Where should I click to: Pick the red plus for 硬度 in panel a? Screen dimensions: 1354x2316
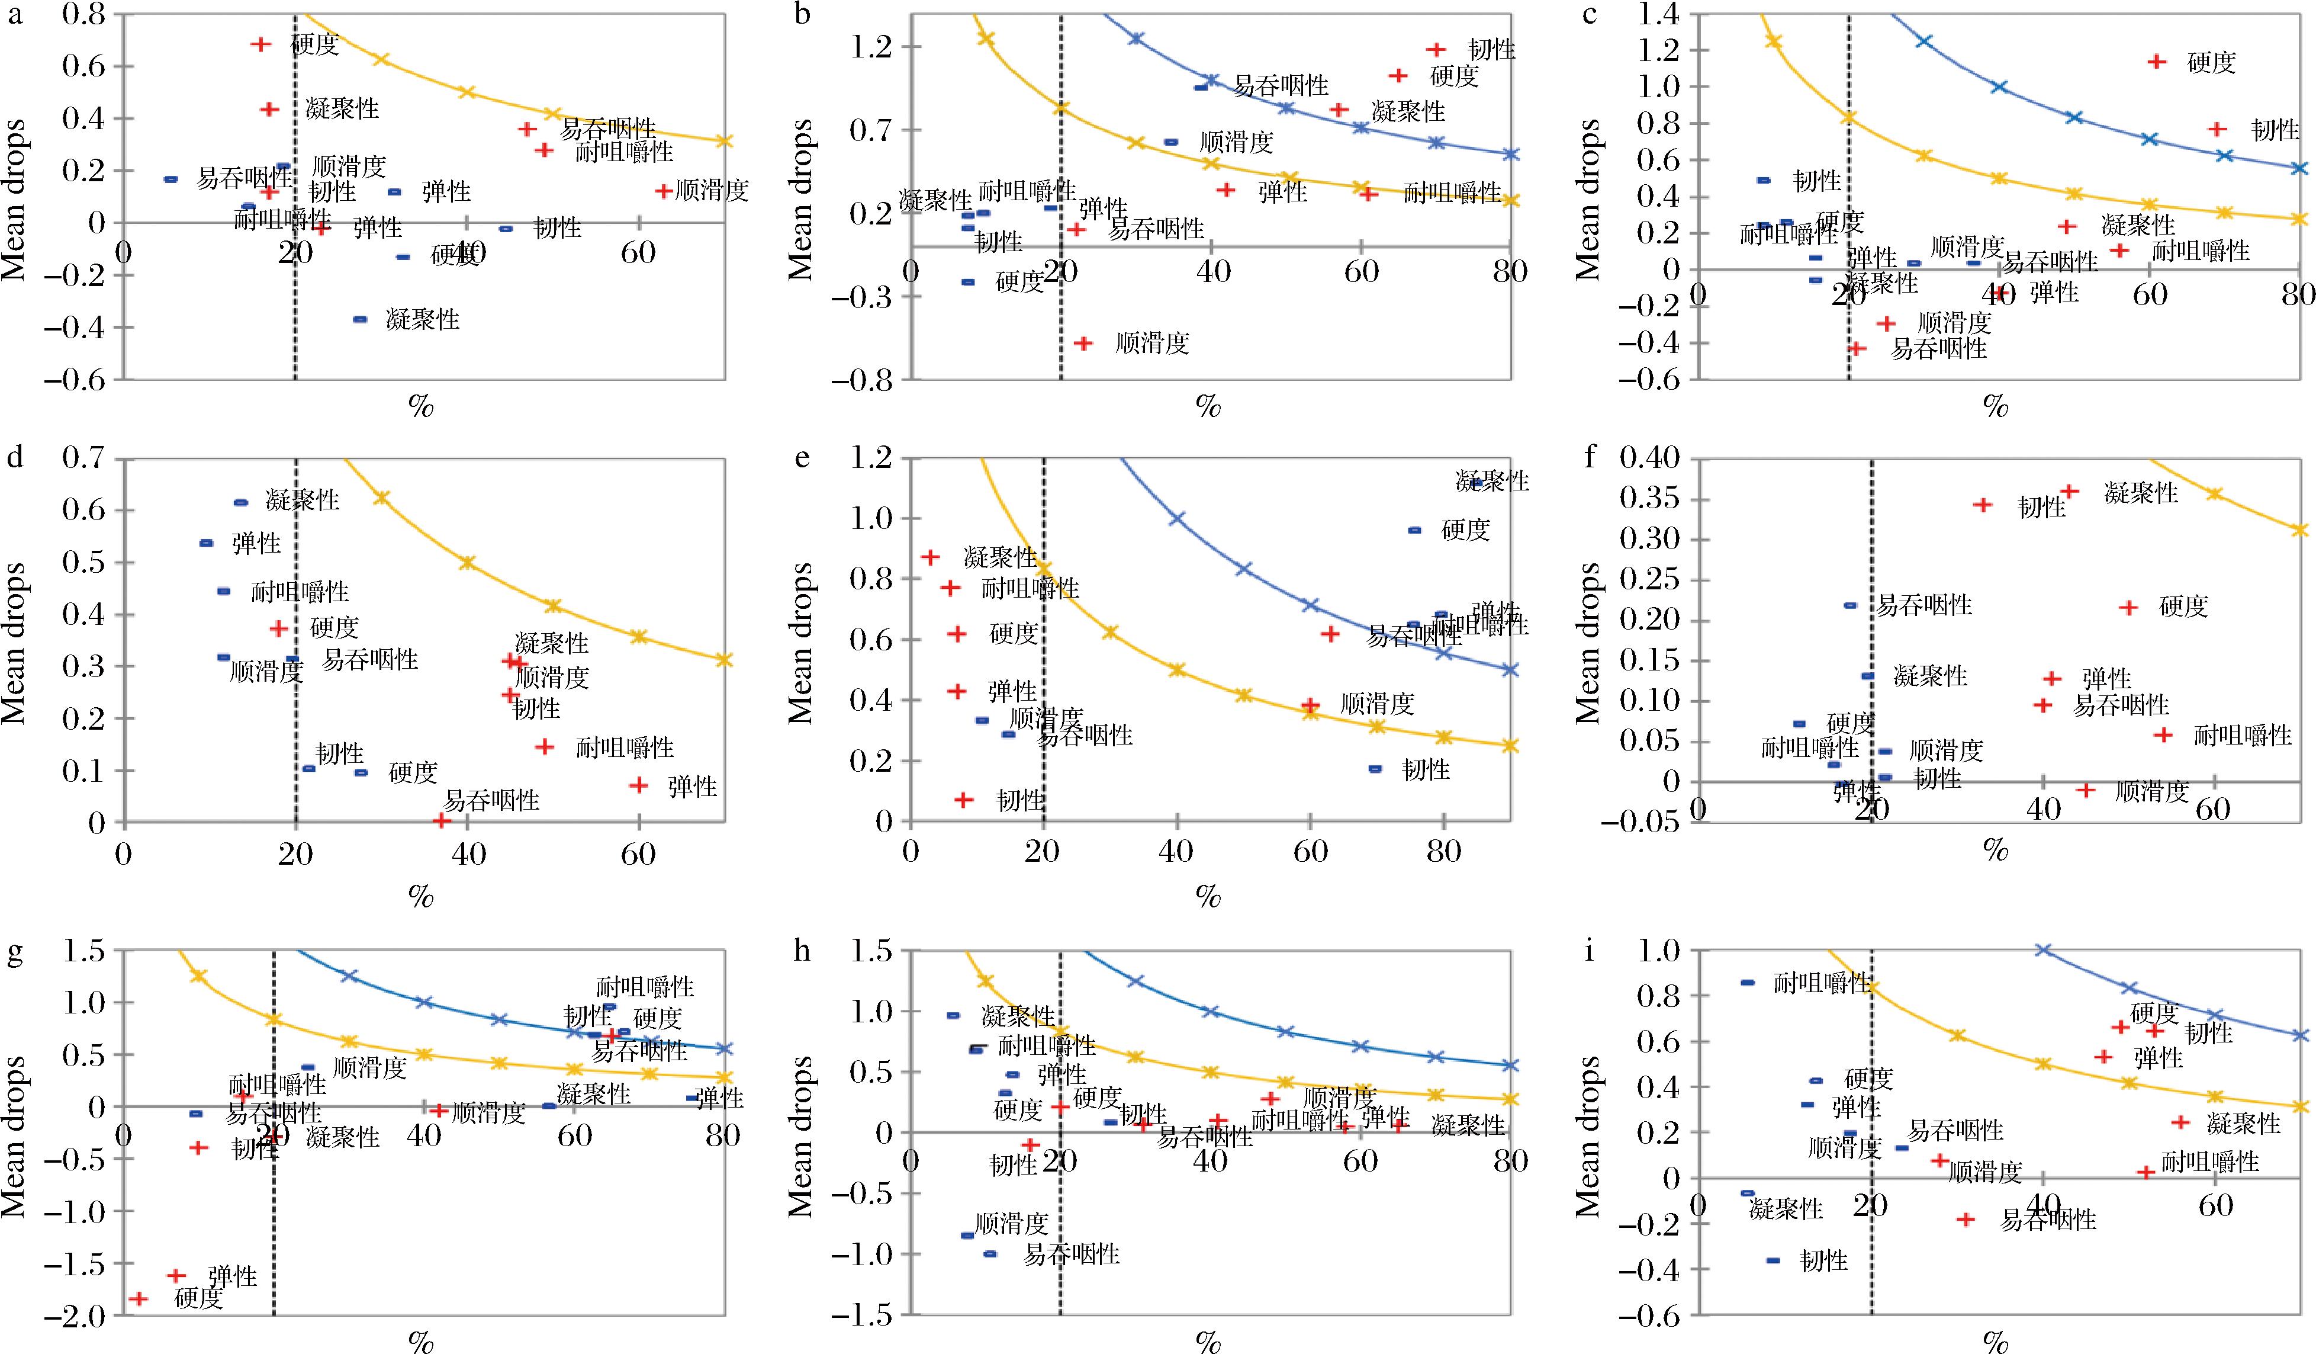click(x=260, y=44)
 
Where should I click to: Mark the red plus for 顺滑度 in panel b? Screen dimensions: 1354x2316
click(x=1083, y=343)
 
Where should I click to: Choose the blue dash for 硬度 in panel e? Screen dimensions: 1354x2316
click(x=1414, y=530)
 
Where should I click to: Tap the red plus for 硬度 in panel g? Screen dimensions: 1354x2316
click(x=139, y=1298)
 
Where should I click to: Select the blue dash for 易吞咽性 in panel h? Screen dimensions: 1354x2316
click(x=990, y=1253)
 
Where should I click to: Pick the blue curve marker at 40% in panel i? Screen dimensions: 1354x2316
click(x=2044, y=949)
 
